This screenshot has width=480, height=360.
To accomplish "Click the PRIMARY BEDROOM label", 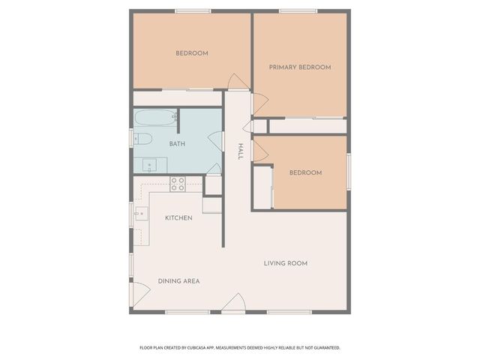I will point(300,67).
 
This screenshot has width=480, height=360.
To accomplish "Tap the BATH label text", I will point(177,143).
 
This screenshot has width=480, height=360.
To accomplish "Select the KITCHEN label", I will point(178,218).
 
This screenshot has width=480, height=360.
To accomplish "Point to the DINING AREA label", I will point(178,281).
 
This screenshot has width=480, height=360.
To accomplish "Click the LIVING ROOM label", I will point(286,263).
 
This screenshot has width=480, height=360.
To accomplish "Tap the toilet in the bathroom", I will point(143,139).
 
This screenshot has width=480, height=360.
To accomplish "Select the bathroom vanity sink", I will point(148,165).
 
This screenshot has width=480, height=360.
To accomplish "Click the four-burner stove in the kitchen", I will point(178,184).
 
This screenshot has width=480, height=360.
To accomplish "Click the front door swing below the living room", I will point(234,303).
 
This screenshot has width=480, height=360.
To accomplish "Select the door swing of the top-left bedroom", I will point(237,81).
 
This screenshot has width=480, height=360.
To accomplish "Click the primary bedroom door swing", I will point(259,106).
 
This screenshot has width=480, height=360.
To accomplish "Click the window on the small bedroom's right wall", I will point(349,165).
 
